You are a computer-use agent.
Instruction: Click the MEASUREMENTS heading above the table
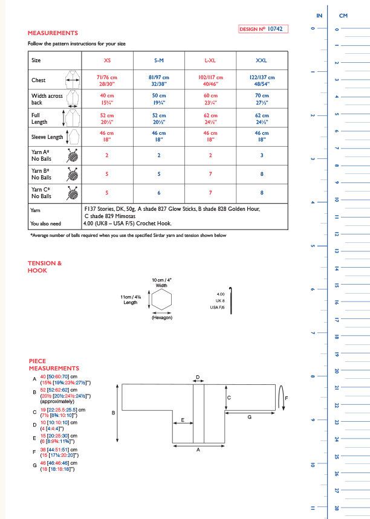[x=53, y=33]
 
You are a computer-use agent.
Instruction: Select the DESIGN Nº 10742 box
[x=263, y=28]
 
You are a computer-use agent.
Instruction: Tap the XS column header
[x=107, y=60]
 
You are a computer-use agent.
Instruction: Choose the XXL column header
[x=262, y=60]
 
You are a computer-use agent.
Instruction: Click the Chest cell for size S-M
[x=158, y=80]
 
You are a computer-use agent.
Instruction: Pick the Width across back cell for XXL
[x=262, y=99]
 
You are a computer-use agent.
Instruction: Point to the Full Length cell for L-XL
[x=210, y=117]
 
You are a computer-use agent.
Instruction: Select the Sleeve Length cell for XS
[x=107, y=136]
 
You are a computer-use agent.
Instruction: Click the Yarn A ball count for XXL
[x=262, y=155]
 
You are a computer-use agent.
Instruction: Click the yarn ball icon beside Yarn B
[x=72, y=174]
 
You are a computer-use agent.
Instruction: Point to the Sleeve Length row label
[x=47, y=137]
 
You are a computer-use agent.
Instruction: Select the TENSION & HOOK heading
[x=45, y=267]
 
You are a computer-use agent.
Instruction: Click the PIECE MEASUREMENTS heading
[x=54, y=364]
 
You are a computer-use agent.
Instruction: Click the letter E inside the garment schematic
[x=182, y=419]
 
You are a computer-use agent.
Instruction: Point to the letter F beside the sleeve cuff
[x=287, y=398]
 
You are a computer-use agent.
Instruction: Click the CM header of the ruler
[x=343, y=15]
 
